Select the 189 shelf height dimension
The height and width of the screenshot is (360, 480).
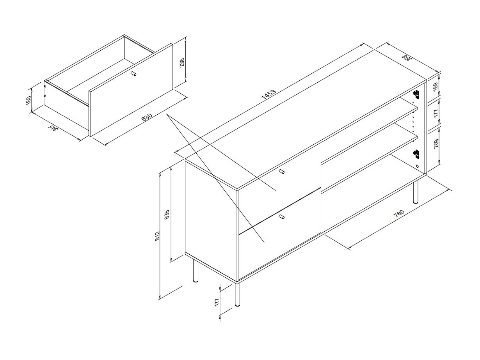(x=436, y=87)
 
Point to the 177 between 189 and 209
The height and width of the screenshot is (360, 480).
(x=436, y=113)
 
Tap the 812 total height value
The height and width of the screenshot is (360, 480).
(x=157, y=236)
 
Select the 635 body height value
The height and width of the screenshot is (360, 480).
(x=167, y=215)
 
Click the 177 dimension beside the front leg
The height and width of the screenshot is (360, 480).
(x=217, y=302)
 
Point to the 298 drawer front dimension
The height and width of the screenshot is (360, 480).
(x=182, y=62)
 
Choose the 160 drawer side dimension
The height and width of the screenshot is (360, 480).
(x=28, y=100)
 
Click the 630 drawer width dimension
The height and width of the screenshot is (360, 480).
(x=147, y=117)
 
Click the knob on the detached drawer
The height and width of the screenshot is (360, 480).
(x=133, y=73)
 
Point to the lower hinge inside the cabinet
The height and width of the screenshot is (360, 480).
(x=416, y=154)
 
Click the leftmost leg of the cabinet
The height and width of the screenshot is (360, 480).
(x=196, y=271)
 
